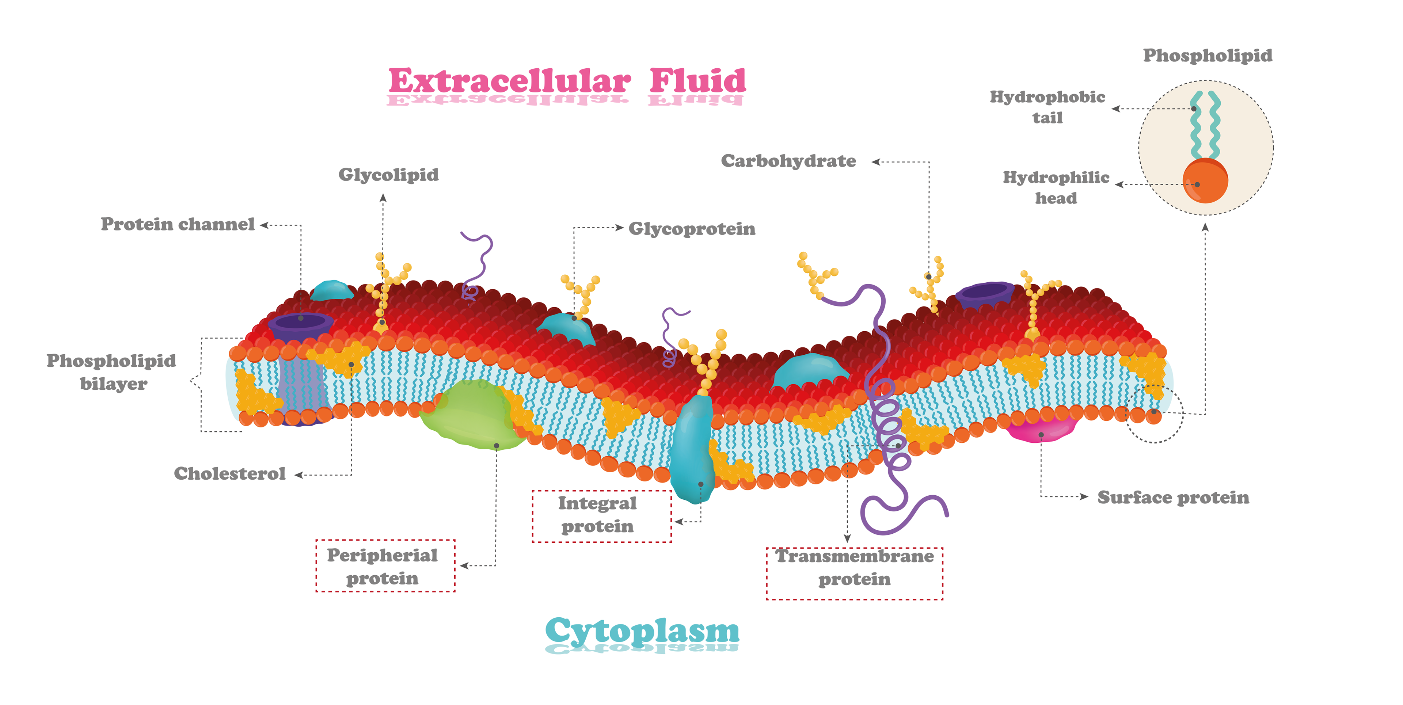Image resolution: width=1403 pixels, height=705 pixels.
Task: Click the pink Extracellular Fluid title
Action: tap(566, 82)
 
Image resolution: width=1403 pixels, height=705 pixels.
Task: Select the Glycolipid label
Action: tap(388, 175)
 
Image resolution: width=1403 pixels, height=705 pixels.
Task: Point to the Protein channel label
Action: tap(178, 224)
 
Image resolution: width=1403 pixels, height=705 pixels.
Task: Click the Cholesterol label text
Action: tap(229, 474)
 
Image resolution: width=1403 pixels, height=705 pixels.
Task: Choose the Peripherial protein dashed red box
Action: tap(385, 566)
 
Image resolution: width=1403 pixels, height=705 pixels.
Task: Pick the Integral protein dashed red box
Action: tap(601, 515)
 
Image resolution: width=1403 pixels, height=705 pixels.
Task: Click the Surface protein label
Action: tap(1173, 498)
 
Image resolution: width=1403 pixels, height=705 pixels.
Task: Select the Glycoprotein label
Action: tap(692, 229)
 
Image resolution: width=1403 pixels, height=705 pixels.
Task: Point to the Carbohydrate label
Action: tap(788, 161)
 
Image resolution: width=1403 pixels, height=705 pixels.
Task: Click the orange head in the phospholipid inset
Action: tap(1205, 181)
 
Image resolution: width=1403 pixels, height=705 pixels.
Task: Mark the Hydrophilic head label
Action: tap(1056, 187)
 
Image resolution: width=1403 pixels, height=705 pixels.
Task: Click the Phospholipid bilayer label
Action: tap(112, 372)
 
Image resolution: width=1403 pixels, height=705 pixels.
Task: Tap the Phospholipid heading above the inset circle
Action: tap(1208, 56)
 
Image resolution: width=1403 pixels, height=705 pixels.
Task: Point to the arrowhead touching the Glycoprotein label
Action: tap(619, 228)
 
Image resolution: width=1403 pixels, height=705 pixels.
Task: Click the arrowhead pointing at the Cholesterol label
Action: tap(299, 475)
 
